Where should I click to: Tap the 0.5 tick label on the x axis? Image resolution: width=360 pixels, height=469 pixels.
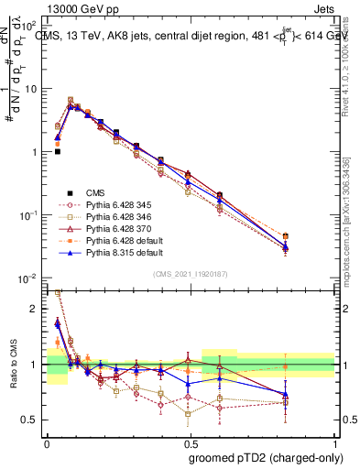click(191, 442)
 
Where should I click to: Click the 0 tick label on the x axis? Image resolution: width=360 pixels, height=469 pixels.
click(47, 442)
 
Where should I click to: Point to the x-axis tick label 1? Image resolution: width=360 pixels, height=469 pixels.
click(335, 442)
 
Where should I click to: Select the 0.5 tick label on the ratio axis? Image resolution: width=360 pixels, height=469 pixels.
click(32, 420)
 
